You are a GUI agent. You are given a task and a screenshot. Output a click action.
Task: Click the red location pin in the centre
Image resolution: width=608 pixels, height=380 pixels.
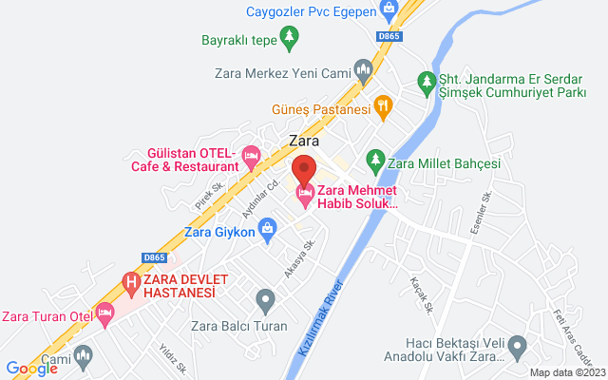click(x=304, y=169)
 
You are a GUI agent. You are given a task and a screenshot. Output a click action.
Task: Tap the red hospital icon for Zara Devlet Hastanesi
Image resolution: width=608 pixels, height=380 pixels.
click(x=131, y=281)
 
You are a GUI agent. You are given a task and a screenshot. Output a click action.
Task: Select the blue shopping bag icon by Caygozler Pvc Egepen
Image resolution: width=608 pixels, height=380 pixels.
click(x=388, y=9)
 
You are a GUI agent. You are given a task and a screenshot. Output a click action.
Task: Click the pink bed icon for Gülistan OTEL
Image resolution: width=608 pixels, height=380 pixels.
click(x=251, y=153)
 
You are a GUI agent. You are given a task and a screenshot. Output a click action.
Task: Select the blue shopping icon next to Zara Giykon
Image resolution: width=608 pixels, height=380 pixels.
click(x=268, y=228)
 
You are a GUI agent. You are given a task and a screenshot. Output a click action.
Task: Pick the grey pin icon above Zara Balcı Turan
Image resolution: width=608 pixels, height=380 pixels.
click(x=266, y=302)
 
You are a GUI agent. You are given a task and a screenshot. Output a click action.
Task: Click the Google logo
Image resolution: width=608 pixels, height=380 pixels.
click(x=31, y=369)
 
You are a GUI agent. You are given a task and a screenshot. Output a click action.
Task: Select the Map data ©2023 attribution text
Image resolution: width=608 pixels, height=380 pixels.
click(x=565, y=372)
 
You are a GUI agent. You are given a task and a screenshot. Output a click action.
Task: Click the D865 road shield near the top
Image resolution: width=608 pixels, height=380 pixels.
click(x=389, y=36)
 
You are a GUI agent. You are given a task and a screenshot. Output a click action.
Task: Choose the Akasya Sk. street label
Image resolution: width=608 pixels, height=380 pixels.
click(x=299, y=259)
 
